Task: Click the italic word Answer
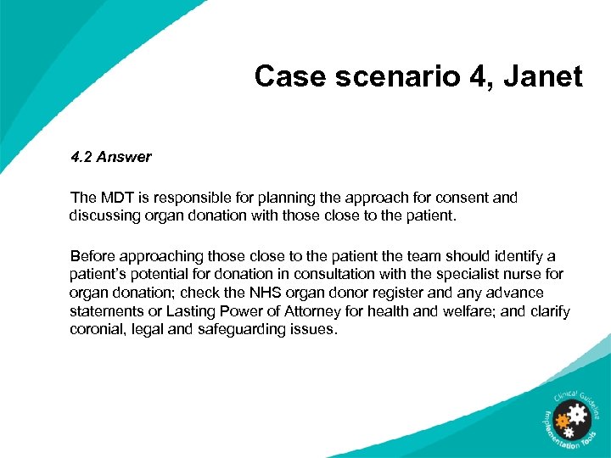click(124, 157)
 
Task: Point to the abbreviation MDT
click(113, 198)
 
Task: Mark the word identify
click(519, 256)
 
